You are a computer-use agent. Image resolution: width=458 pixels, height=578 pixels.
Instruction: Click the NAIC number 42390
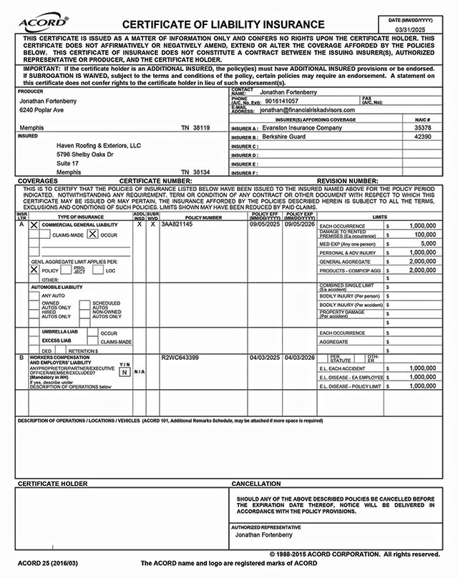[x=422, y=137]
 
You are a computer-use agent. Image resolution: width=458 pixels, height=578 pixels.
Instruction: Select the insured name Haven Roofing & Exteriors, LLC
[x=99, y=145]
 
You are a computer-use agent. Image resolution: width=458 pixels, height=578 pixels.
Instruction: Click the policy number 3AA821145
[x=177, y=225]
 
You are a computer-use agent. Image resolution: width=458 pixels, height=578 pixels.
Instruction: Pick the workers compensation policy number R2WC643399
[x=180, y=357]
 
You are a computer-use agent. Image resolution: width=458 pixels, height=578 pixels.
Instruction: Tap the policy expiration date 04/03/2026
[x=300, y=357]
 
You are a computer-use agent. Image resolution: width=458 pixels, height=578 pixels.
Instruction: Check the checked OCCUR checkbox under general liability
[x=92, y=234]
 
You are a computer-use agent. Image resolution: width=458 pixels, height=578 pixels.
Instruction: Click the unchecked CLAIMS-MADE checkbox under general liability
[x=34, y=234]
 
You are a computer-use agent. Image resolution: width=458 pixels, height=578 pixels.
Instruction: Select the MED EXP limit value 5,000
[x=428, y=243]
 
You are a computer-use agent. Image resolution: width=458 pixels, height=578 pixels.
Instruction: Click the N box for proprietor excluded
[x=124, y=372]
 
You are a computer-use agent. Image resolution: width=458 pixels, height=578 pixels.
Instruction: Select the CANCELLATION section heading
[x=256, y=484]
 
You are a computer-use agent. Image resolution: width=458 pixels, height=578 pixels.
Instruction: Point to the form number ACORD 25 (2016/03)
[x=48, y=563]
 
